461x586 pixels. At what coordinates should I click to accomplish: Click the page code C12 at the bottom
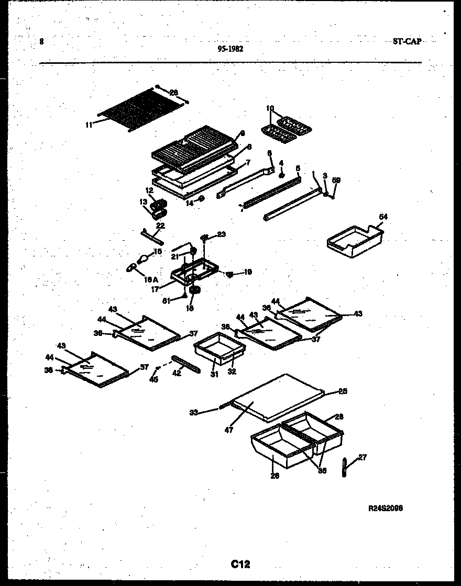pyautogui.click(x=240, y=564)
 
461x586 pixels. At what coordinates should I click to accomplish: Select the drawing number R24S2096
pyautogui.click(x=386, y=508)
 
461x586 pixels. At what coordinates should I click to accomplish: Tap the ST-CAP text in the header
pyautogui.click(x=407, y=41)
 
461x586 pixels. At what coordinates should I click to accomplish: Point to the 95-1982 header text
pyautogui.click(x=230, y=49)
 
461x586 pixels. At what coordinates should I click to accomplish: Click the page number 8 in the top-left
pyautogui.click(x=41, y=42)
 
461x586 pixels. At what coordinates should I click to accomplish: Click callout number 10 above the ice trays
pyautogui.click(x=270, y=109)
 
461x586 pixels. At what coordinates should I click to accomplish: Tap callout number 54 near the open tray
pyautogui.click(x=383, y=217)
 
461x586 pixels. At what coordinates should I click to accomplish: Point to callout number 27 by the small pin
pyautogui.click(x=362, y=457)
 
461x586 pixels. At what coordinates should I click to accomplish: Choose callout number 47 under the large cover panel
pyautogui.click(x=228, y=430)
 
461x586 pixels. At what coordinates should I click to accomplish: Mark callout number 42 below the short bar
pyautogui.click(x=177, y=374)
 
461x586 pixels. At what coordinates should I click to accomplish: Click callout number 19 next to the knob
pyautogui.click(x=248, y=272)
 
